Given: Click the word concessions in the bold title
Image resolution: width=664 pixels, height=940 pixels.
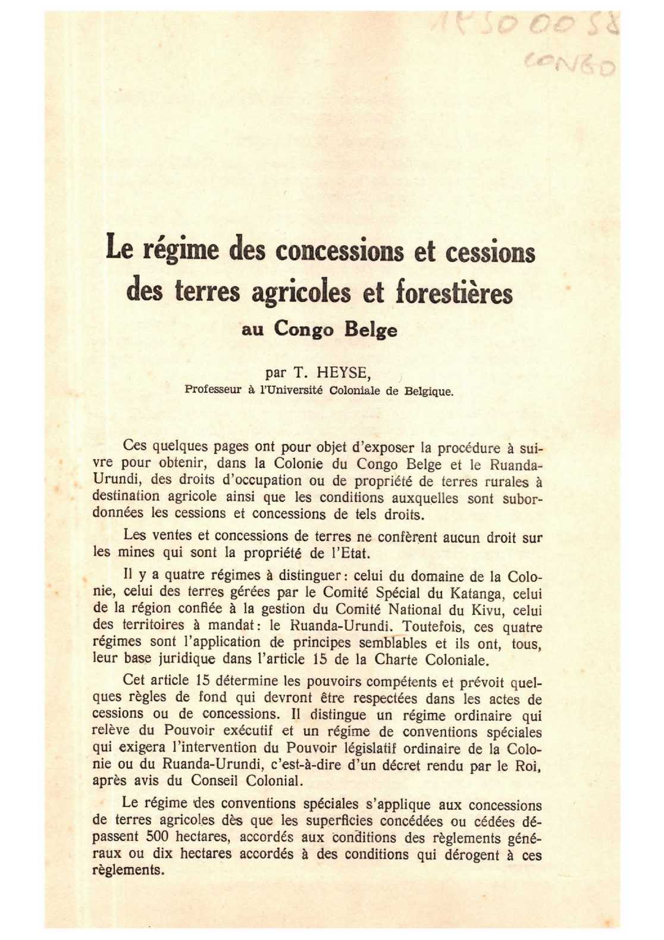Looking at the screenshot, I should pos(339,250).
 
